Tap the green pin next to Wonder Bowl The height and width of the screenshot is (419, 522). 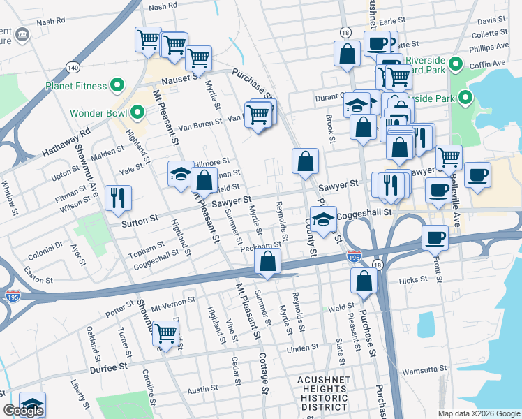coord(137,112)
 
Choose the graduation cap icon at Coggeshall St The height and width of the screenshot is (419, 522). coord(323,218)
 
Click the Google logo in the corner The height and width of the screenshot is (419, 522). coord(23,411)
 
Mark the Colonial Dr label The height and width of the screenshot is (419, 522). coord(45,249)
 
